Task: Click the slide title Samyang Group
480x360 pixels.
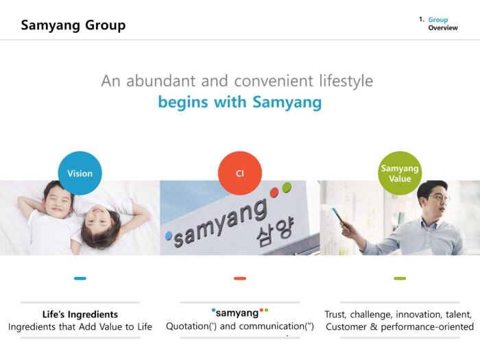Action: click(x=73, y=25)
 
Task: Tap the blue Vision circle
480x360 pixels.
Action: click(x=80, y=173)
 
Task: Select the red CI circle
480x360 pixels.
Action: click(x=240, y=173)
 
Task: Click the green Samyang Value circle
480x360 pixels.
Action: click(x=400, y=173)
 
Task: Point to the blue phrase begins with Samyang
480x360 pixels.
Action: click(x=240, y=102)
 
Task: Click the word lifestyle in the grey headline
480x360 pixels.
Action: click(x=346, y=81)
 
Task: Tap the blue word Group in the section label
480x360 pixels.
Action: click(x=437, y=20)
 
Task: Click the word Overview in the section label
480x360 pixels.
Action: click(x=443, y=28)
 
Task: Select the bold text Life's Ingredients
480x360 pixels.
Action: click(x=80, y=314)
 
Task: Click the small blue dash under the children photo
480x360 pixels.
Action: click(x=80, y=278)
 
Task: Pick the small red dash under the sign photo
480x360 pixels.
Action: click(x=240, y=278)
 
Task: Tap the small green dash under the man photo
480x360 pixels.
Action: click(x=400, y=278)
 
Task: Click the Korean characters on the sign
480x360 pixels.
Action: click(x=275, y=232)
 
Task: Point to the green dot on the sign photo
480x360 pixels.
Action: click(x=287, y=187)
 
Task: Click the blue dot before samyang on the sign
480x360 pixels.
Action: click(x=169, y=236)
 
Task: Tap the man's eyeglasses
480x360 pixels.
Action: click(x=438, y=198)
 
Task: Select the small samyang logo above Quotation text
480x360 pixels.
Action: click(x=240, y=313)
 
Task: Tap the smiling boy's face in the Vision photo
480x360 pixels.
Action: click(x=58, y=201)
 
